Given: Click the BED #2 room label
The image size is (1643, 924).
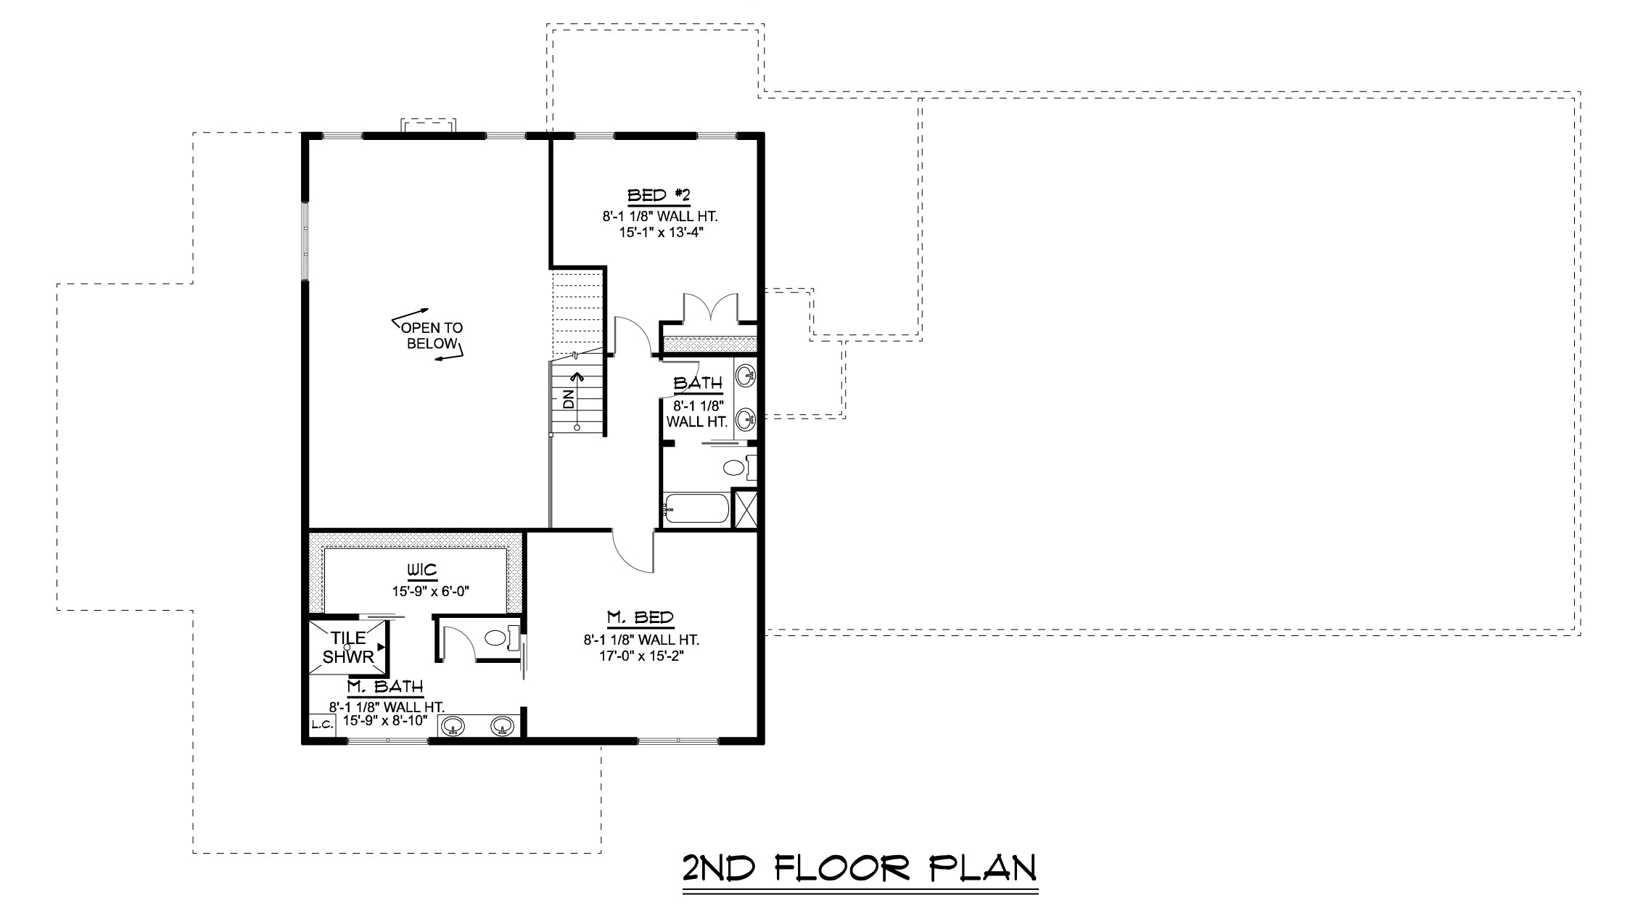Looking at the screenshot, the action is click(659, 195).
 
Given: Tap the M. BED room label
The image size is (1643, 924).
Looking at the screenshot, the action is click(641, 618).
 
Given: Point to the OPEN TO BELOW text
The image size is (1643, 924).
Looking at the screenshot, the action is click(432, 336).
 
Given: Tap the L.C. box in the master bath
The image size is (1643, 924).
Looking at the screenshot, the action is click(322, 724).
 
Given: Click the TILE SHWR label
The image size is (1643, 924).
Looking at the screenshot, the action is click(348, 648).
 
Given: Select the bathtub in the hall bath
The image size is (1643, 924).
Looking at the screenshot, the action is click(696, 508).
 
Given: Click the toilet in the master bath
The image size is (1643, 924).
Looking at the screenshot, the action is click(501, 638).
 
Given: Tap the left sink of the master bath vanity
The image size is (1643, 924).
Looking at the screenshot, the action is click(453, 725).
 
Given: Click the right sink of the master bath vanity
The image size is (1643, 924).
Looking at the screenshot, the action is click(503, 725).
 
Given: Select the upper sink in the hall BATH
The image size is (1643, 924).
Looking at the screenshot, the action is click(746, 376).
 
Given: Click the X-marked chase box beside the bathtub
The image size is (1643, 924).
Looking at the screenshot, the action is click(745, 509).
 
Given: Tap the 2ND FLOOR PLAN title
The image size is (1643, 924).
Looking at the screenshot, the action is click(860, 868).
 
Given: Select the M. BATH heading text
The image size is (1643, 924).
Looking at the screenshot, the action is click(385, 687).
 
